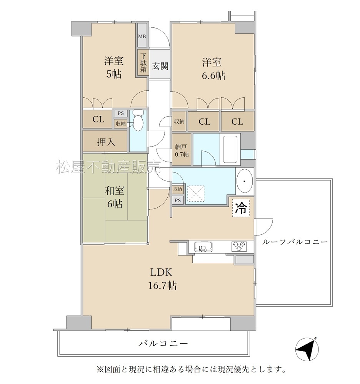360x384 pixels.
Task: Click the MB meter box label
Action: pos(142,37)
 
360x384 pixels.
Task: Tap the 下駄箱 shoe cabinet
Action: pos(143,63)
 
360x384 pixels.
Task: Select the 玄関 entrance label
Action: pos(160,66)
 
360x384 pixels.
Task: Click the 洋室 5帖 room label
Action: pos(114,67)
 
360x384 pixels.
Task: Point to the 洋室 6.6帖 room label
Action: pos(213,69)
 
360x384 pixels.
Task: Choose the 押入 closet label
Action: pos(106,142)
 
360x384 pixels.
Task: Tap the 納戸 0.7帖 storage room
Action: pos(181,149)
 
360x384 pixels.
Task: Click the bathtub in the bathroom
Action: pos(230,149)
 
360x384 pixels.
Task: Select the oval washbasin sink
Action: pos(245,182)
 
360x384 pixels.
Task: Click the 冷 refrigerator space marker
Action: pos(241,208)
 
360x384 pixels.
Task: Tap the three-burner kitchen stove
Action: pos(239,246)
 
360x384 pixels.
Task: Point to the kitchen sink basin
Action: pos(203,246)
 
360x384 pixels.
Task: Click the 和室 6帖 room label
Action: pos(115,197)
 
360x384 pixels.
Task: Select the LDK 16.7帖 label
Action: pos(162,279)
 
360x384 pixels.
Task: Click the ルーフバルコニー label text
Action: pos(295,242)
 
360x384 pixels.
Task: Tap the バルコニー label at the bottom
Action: pos(163,343)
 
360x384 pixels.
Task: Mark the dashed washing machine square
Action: pos(195,194)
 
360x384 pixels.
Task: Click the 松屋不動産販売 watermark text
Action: pos(108,167)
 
